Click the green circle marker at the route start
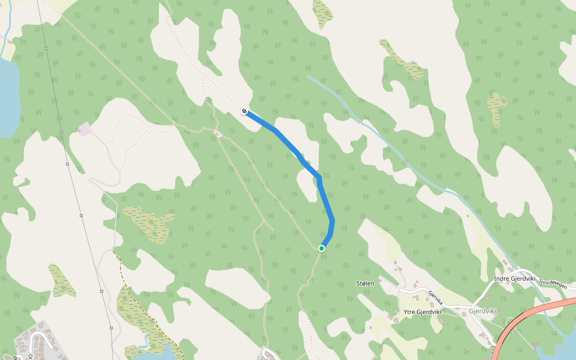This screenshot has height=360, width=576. [x=322, y=248]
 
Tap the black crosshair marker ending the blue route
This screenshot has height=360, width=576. [x=245, y=111]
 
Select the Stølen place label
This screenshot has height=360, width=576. [x=365, y=283]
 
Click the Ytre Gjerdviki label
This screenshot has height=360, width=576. [x=422, y=312]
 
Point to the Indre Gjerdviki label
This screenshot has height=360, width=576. [x=514, y=278]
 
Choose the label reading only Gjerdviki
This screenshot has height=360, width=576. [x=482, y=311]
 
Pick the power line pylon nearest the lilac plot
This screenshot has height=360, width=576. [x=61, y=132]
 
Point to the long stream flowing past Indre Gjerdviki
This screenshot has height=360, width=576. [x=408, y=156]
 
